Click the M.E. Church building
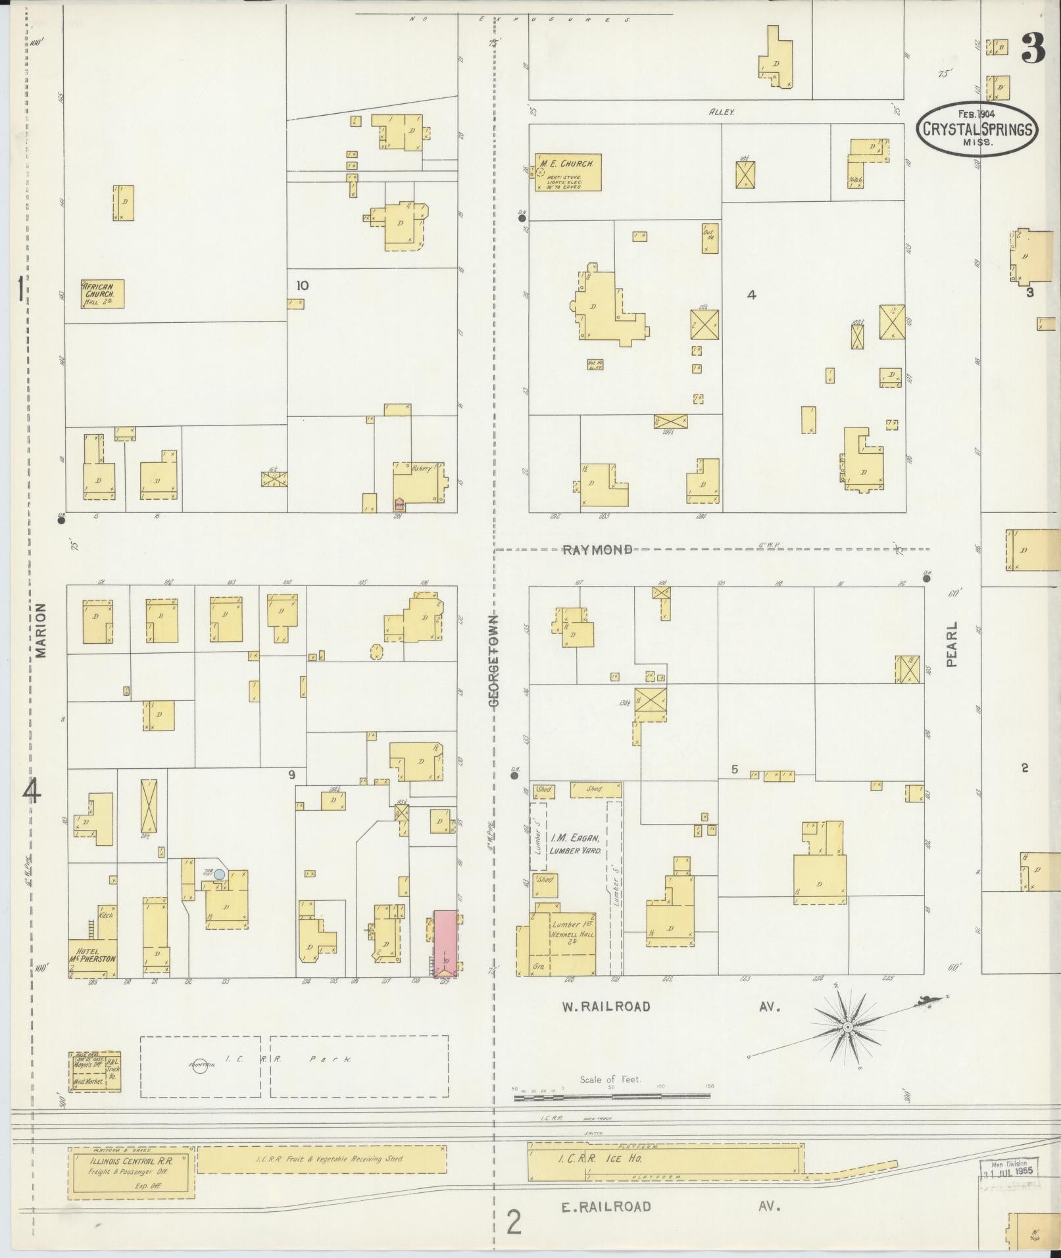click(x=567, y=172)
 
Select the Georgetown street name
click(x=494, y=661)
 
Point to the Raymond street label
click(x=597, y=550)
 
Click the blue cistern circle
click(x=220, y=874)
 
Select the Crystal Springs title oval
click(x=977, y=129)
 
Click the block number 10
click(x=303, y=285)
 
